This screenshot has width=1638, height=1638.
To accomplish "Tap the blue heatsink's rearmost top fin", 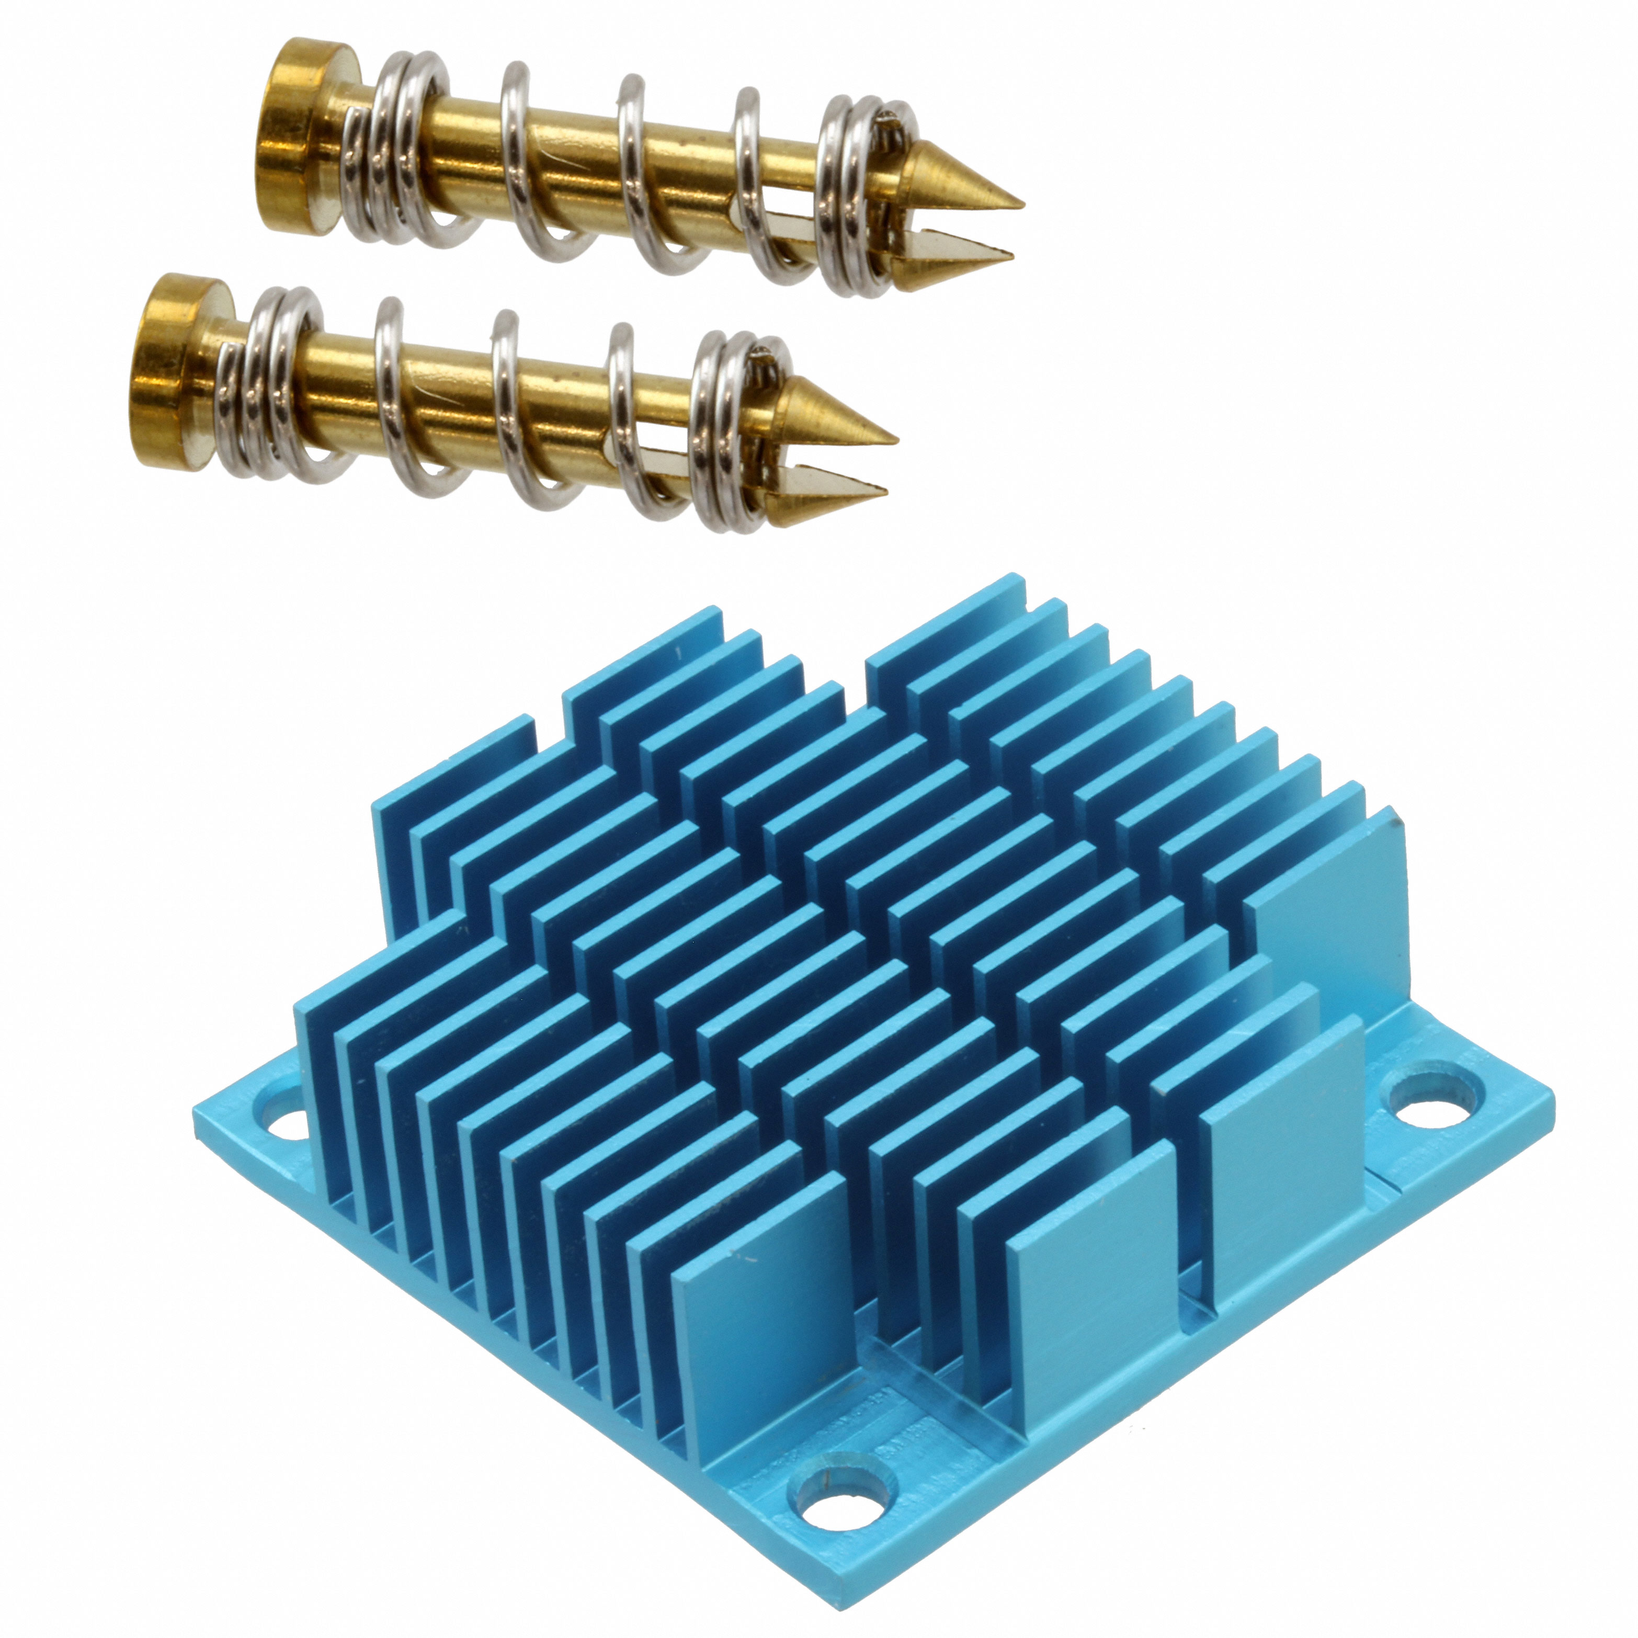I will pos(946,619).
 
